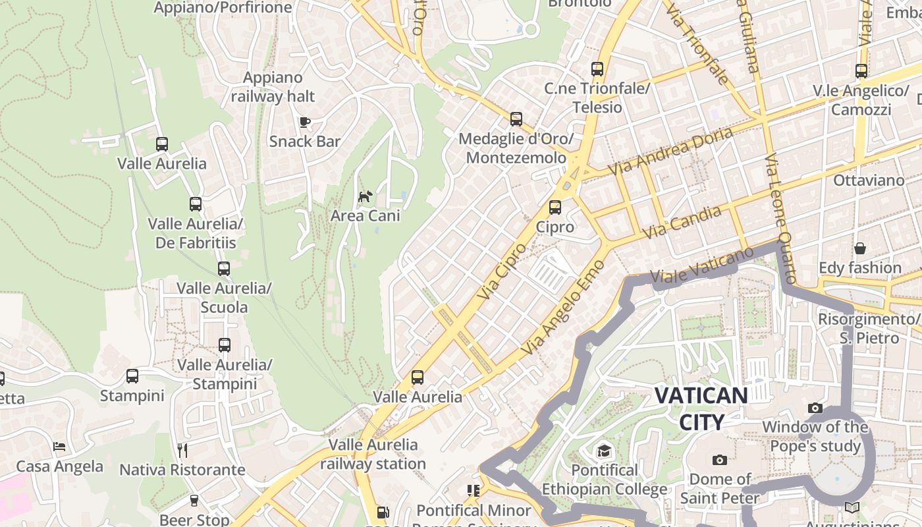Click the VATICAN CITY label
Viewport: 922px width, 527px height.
[x=701, y=408]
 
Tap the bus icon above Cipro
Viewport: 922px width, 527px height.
[x=555, y=207]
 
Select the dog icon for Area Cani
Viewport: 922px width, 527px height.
[x=365, y=196]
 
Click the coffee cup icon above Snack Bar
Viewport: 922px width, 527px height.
[x=304, y=121]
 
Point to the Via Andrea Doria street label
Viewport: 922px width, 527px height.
[x=670, y=151]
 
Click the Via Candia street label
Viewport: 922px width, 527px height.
[x=681, y=223]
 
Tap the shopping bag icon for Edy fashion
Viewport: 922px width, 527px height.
[x=859, y=248]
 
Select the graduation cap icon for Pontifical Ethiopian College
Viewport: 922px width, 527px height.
[x=604, y=451]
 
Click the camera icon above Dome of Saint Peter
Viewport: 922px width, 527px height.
[x=719, y=460]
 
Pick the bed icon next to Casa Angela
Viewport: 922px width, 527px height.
[x=59, y=447]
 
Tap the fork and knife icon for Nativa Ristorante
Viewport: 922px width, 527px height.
[x=182, y=450]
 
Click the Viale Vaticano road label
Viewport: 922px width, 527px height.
[x=701, y=267]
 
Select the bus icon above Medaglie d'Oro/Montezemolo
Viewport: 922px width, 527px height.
[x=516, y=119]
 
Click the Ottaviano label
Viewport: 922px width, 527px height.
[x=869, y=180]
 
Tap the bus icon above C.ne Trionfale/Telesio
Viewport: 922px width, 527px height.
[x=597, y=69]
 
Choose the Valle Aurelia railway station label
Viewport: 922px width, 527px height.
[x=373, y=454]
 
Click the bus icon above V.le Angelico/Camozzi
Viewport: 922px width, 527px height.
[x=861, y=71]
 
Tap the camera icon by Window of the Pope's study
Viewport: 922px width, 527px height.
[x=815, y=408]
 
